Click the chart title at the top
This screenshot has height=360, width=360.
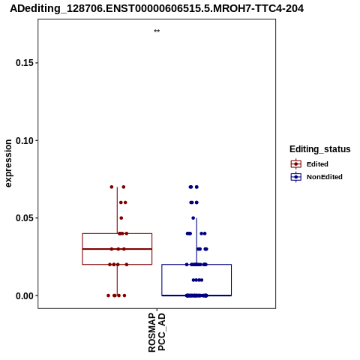(x=157, y=8)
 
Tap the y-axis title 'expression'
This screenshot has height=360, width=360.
(x=8, y=163)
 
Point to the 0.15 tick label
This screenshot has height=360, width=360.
(x=25, y=63)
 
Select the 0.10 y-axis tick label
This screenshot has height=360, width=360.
(x=25, y=140)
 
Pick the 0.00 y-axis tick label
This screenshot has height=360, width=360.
(x=25, y=295)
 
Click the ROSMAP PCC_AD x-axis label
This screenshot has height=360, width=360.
(x=157, y=332)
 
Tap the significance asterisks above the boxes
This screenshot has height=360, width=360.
(x=157, y=31)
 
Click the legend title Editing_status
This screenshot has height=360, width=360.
(x=320, y=149)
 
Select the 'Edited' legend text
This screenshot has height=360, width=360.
(x=317, y=164)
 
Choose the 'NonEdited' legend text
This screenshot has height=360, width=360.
(x=325, y=177)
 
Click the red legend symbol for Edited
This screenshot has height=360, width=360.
(x=296, y=164)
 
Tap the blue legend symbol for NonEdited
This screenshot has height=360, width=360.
(x=296, y=177)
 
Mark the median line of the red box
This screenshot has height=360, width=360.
(x=117, y=249)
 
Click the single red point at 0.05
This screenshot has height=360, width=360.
(x=121, y=218)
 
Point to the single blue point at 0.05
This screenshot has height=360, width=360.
(x=193, y=218)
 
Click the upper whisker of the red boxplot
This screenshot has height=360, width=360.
(x=117, y=210)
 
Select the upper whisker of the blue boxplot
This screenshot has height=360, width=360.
(x=196, y=241)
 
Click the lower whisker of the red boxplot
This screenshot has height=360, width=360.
(x=117, y=280)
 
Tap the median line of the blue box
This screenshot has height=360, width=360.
(x=196, y=295)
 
